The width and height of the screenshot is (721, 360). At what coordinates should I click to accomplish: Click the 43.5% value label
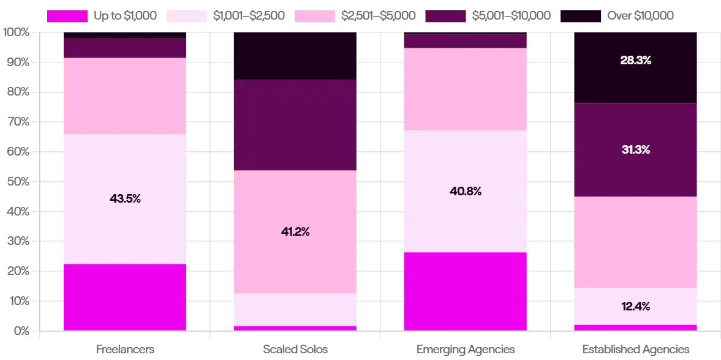click(125, 198)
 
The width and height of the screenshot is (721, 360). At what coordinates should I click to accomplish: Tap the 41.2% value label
click(294, 232)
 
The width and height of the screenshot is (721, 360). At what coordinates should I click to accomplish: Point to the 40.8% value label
click(465, 191)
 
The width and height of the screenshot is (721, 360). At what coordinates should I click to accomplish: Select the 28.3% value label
click(635, 61)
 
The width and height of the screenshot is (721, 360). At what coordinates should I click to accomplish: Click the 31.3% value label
click(635, 149)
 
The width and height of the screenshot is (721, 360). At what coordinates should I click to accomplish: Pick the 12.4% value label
click(635, 306)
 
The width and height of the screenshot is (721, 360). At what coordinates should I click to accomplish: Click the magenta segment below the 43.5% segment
click(125, 298)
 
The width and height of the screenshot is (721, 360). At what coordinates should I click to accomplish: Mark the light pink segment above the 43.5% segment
click(125, 96)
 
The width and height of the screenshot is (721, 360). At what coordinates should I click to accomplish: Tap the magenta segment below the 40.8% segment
click(465, 291)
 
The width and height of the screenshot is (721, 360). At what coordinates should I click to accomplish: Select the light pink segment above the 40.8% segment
click(465, 89)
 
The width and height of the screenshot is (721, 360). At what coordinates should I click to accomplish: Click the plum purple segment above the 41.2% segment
click(294, 125)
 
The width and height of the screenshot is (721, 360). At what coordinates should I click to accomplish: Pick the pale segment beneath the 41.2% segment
click(294, 310)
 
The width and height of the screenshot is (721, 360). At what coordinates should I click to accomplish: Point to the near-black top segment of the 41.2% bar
click(294, 56)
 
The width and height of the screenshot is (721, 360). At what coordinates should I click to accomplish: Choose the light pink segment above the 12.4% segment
click(635, 242)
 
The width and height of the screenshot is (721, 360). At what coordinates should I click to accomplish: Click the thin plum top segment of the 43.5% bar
click(125, 48)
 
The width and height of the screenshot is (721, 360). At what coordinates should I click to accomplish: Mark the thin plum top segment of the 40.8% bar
click(465, 41)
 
